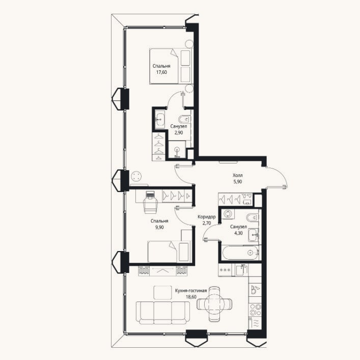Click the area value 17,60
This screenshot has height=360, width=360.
161,72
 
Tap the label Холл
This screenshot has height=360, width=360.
238,175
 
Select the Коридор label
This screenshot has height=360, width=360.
207,217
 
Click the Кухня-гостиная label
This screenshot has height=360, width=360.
191,291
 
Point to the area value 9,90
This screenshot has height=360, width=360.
159,228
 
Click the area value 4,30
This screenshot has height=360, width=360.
238,233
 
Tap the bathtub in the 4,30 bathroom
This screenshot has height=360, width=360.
240,253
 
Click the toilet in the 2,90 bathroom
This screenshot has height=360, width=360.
184,119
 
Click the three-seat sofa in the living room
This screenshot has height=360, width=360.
163,313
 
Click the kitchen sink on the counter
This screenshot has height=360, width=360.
255,289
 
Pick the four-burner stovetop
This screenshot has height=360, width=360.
255,310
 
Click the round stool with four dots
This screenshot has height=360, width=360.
136,177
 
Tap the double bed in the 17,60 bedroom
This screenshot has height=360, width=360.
170,66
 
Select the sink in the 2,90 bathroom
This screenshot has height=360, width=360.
159,119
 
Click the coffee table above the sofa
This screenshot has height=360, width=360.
163,292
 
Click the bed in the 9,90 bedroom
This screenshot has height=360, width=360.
169,251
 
